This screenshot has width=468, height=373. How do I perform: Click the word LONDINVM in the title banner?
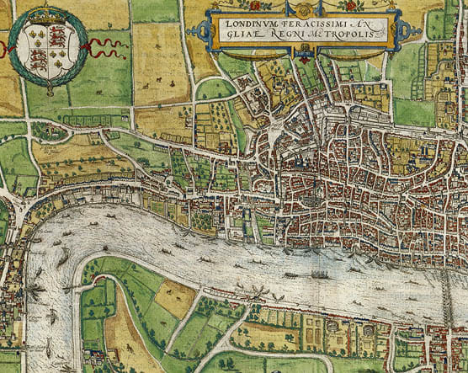coord(250,24)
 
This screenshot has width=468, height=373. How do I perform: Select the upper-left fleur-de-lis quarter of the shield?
coord(35,38)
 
